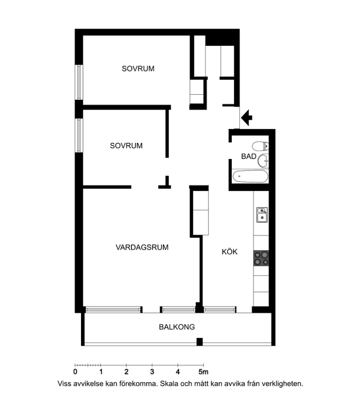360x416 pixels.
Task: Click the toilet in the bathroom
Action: pos(261,146)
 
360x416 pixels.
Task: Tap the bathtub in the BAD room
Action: pos(250,177)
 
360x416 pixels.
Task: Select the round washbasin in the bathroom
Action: pos(263,160)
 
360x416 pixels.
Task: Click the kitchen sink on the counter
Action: pos(262,215)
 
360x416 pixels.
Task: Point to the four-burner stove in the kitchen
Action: pos(261,258)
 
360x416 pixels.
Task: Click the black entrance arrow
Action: pos(247,117)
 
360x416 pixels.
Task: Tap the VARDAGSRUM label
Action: pos(142,247)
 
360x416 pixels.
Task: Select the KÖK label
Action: pos(230,251)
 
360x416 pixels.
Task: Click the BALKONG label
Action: pos(177,327)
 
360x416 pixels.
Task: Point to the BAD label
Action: pos(248,157)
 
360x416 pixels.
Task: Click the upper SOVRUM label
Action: pos(138,69)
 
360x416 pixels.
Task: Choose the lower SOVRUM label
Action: pos(126,146)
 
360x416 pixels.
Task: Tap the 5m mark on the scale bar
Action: pos(204,372)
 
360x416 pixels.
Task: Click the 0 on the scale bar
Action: pos(75,372)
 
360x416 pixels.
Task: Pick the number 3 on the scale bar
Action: pos(152,372)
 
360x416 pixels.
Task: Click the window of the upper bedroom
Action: pos(79,82)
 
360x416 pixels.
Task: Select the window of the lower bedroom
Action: pos(79,135)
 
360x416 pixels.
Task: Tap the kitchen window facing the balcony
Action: pos(220,310)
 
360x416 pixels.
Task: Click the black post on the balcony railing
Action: pos(199,342)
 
